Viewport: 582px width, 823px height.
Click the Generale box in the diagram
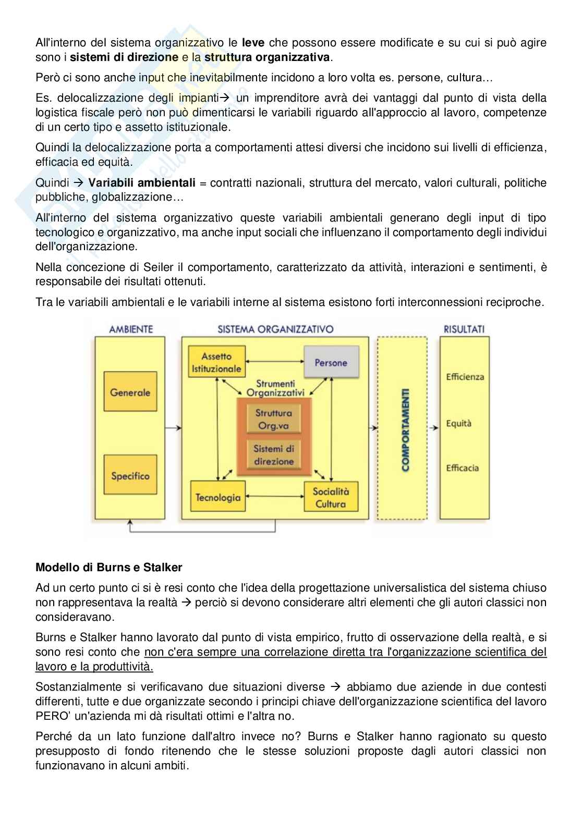click(130, 392)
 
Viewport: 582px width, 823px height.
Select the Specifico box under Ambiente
click(130, 475)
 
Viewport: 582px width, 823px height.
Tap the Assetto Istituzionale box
click(216, 362)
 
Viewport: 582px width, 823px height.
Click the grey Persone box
click(331, 363)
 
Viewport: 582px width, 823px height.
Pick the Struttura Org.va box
click(274, 419)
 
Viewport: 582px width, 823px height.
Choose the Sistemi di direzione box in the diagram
click(274, 455)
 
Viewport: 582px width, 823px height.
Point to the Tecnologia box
click(218, 497)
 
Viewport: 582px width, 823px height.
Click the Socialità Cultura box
click(331, 497)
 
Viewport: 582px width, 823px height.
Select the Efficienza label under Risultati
click(465, 377)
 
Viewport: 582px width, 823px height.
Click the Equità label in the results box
click(458, 423)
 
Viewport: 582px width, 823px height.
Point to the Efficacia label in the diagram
click(462, 468)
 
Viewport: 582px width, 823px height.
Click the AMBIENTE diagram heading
click(130, 329)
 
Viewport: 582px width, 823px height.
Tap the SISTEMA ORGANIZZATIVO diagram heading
click(275, 329)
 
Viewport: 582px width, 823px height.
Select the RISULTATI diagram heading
click(464, 329)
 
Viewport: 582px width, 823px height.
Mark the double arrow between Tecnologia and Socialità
click(274, 497)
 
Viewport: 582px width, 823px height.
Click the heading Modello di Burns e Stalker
click(109, 567)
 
